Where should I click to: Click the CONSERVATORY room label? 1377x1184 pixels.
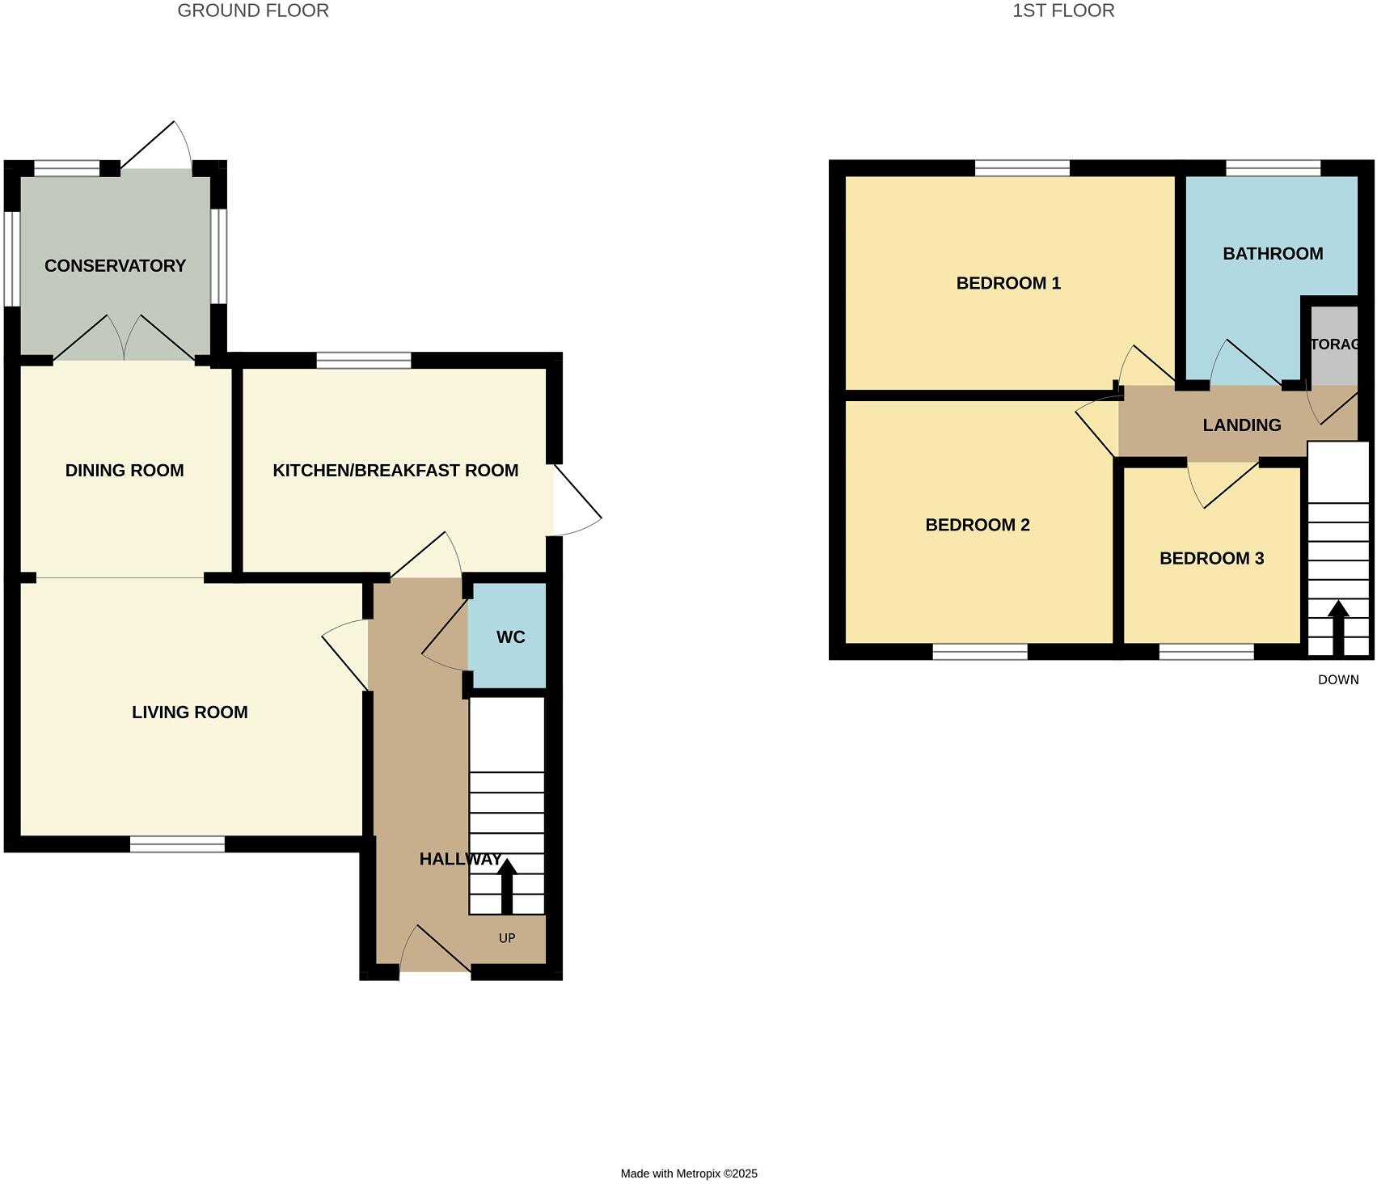[x=115, y=266]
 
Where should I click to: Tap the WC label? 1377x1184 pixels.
[x=510, y=637]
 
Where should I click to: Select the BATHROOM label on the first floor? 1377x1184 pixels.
[x=1272, y=254]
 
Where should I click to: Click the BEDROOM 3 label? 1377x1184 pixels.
[x=1210, y=559]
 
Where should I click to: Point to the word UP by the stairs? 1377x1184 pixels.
[x=507, y=938]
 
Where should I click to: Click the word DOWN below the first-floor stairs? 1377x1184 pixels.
[x=1337, y=680]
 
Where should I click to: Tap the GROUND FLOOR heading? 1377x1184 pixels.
[x=253, y=11]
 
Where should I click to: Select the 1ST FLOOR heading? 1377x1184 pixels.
[x=1062, y=11]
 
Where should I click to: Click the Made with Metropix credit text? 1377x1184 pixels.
[x=688, y=1173]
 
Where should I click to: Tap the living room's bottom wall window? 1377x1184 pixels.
[x=177, y=844]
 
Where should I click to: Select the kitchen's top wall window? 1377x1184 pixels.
[x=363, y=361]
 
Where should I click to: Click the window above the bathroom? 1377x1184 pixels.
[x=1273, y=168]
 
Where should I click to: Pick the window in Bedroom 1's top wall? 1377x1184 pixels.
[x=1021, y=168]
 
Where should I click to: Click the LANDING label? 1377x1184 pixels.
[x=1241, y=425]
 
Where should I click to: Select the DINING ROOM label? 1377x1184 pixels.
[x=125, y=471]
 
